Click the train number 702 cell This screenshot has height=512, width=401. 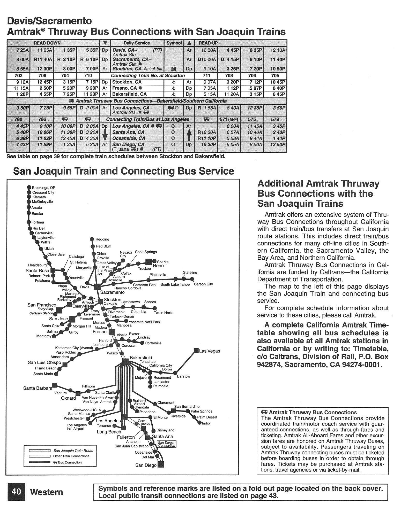18,76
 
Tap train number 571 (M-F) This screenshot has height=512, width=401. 229,119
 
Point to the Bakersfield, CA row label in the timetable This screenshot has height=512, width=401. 129,94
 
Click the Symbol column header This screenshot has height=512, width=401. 174,43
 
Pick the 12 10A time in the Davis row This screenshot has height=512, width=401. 278,50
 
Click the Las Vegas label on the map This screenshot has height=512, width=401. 210,351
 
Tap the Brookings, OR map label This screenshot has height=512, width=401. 44,188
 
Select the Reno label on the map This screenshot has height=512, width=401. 158,266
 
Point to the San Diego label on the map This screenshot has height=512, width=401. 146,465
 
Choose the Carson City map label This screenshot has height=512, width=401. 203,284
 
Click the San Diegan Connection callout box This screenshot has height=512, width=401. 167,444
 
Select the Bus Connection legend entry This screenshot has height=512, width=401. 70,462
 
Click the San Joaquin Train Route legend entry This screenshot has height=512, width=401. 73,451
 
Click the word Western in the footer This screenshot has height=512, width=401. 47,492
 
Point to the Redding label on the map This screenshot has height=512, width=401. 102,239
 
